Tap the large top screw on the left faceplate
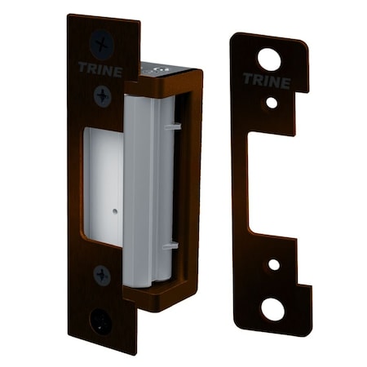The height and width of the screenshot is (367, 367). [102, 42]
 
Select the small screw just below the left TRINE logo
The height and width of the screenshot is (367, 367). [103, 95]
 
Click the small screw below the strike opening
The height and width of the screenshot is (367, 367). [102, 275]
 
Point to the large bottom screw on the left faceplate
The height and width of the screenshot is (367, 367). [102, 317]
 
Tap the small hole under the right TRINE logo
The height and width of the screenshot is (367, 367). [271, 104]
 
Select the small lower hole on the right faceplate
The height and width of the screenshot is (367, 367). [273, 264]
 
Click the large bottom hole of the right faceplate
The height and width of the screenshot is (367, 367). [273, 309]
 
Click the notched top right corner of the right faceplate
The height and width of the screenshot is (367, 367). [303, 49]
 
